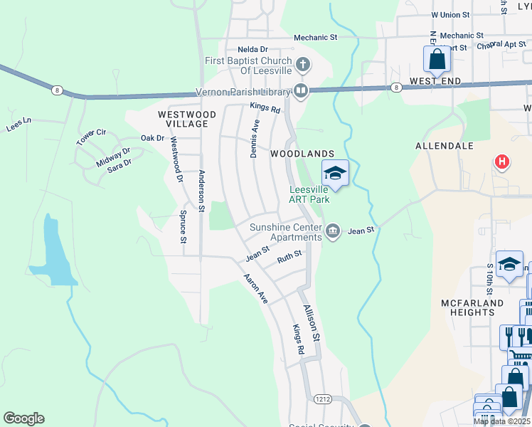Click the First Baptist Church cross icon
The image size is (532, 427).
(303, 65)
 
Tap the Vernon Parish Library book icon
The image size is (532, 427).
(301, 91)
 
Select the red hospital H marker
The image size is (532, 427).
(502, 162)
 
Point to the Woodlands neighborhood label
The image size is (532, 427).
(302, 154)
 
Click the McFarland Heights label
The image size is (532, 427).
(472, 307)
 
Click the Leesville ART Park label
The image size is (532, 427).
(309, 194)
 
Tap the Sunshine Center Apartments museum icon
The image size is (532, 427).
(332, 231)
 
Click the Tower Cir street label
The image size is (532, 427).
(91, 137)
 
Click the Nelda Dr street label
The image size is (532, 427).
(252, 49)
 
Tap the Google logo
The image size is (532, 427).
(23, 418)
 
